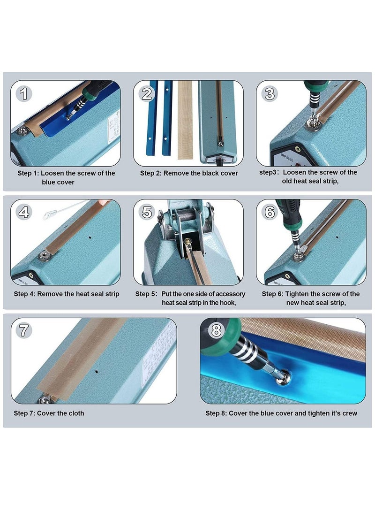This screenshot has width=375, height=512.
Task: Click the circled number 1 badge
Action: [24, 94]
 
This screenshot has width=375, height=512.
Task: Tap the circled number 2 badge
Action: [147, 94]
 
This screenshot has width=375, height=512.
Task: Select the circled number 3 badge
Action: [270, 94]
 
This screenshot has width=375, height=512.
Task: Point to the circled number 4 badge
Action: [24, 212]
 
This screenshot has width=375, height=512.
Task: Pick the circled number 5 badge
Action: [147, 212]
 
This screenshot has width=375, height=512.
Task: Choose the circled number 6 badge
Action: [270, 212]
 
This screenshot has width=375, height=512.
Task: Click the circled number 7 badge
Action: [24, 330]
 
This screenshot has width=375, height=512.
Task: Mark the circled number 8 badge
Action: [216, 330]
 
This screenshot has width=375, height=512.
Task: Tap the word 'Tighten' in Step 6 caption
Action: [297, 294]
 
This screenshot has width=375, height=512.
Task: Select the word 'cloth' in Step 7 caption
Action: [75, 413]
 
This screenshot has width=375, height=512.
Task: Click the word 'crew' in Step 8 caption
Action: [350, 413]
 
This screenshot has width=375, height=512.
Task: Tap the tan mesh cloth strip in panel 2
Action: [185, 120]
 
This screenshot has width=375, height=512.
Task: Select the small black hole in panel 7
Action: [96, 371]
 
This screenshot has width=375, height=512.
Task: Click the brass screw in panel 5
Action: [187, 242]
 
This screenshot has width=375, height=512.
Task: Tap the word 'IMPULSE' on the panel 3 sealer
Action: [287, 157]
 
